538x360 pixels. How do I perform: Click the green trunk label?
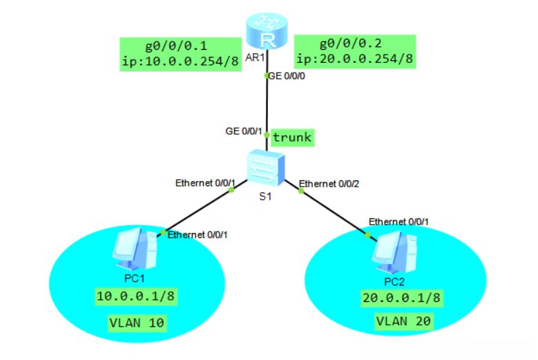(x=291, y=138)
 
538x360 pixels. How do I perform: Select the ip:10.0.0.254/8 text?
(x=179, y=60)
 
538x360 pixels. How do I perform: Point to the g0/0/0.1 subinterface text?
(x=179, y=46)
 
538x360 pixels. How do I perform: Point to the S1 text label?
(x=265, y=196)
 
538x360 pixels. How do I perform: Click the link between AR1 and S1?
(x=267, y=104)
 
